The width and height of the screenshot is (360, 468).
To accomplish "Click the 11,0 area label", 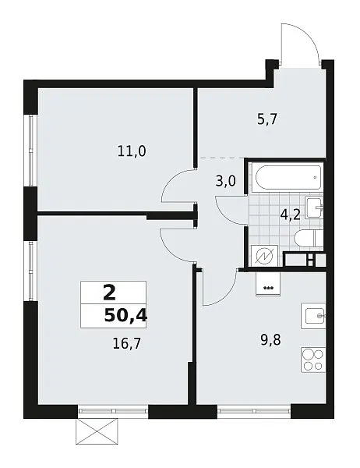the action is [132, 151].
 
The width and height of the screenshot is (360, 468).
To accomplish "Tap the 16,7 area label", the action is [126, 344].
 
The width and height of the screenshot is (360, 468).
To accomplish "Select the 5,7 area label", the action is [267, 119].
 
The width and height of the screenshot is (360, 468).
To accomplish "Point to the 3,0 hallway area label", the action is [225, 181].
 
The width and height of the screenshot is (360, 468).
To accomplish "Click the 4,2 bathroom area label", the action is [290, 214].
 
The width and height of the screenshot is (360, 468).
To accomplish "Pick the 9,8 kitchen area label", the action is [271, 340].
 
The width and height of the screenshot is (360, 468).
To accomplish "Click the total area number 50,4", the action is [126, 315].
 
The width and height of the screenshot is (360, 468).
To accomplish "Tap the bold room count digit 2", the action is [109, 292].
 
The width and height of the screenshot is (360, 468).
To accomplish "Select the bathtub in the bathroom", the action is [287, 177].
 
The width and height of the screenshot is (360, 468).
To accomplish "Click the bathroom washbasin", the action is [314, 207].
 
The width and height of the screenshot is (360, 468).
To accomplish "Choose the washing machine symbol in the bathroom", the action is [265, 256].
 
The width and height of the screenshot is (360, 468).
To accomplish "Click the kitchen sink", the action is [313, 316].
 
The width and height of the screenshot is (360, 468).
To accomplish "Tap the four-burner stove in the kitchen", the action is [313, 360].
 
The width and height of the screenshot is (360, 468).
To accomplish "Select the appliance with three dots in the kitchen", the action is [268, 284].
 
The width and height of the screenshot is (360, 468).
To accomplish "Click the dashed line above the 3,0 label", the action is [221, 158].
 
